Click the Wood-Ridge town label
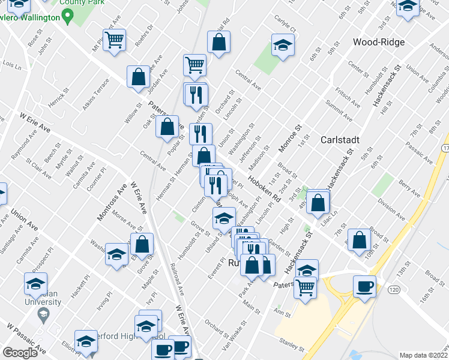(x=379, y=42)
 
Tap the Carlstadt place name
(x=340, y=139)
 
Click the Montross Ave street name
(x=112, y=203)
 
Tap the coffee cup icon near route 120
(x=364, y=286)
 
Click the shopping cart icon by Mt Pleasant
(x=114, y=40)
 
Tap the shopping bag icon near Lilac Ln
(x=318, y=202)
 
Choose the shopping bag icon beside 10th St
(x=360, y=239)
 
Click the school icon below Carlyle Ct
(x=282, y=45)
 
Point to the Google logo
(x=20, y=353)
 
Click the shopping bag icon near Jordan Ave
(x=139, y=77)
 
